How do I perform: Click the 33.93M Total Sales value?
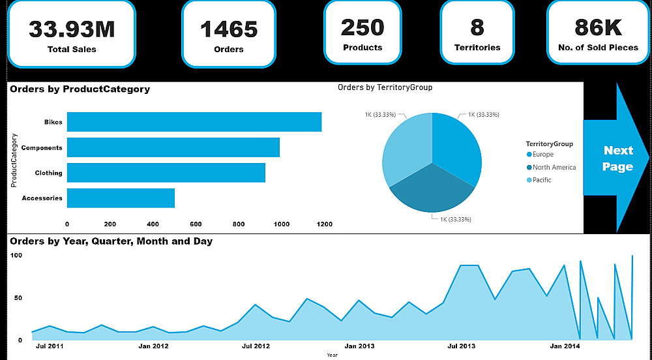coord(72,29)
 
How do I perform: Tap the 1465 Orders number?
coord(228,29)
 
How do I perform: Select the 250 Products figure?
coord(363,27)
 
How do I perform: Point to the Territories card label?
coord(477,48)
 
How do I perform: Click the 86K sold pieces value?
coord(598,27)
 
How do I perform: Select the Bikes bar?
coord(194,122)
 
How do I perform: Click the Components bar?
coord(173,147)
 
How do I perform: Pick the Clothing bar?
coord(166,173)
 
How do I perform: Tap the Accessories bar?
coord(121,198)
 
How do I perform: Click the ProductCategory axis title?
coord(14,160)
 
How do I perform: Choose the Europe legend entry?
coord(542,155)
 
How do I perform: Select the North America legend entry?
coord(554,168)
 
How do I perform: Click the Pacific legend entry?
coord(541,180)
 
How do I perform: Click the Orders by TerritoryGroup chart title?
coord(385,87)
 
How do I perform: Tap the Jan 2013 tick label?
coord(359,346)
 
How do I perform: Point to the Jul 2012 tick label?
coord(256,346)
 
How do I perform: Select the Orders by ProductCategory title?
coord(80,89)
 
